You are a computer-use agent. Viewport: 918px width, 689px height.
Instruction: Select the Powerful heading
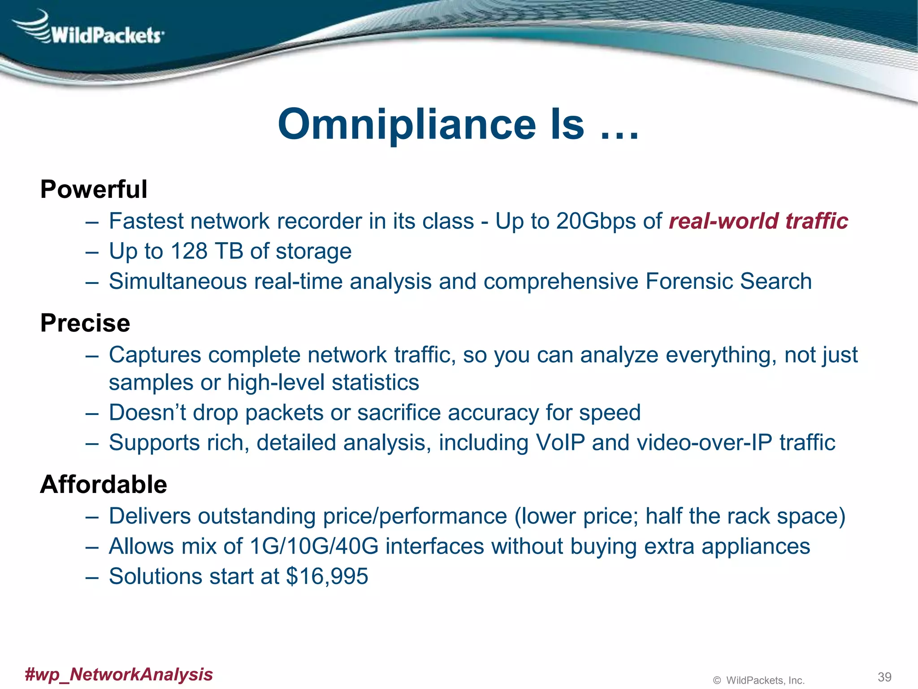[x=94, y=189]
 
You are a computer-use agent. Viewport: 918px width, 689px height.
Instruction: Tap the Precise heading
[x=85, y=323]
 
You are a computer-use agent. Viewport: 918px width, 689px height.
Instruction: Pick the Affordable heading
[x=104, y=484]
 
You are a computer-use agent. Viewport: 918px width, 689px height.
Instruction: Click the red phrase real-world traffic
[x=758, y=221]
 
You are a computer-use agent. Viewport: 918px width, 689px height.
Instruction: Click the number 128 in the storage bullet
[x=189, y=251]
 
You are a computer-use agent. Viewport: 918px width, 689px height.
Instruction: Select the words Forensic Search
[x=728, y=281]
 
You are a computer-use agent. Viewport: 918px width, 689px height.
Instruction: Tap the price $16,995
[x=327, y=576]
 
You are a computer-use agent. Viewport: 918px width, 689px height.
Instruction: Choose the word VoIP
[x=560, y=443]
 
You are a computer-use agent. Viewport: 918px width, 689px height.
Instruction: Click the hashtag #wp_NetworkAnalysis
[x=119, y=674]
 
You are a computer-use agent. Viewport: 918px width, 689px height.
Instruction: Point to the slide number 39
[x=884, y=677]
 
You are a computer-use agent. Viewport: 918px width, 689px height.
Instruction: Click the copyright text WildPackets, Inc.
[x=765, y=680]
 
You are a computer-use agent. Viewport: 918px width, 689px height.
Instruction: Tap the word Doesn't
[x=147, y=413]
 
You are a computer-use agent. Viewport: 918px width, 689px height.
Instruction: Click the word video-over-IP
[x=704, y=443]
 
